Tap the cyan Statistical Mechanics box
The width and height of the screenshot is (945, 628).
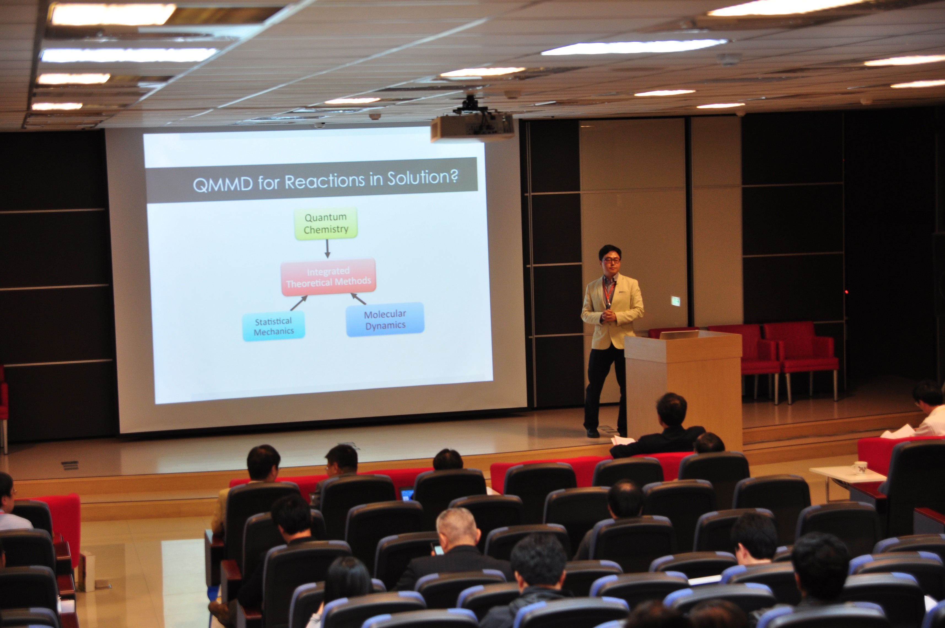[274, 326]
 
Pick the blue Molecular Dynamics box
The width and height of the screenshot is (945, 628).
[385, 320]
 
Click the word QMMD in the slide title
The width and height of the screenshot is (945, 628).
[223, 184]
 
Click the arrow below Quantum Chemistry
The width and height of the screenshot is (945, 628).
[327, 249]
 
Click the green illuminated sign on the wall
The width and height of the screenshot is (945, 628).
[675, 301]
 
